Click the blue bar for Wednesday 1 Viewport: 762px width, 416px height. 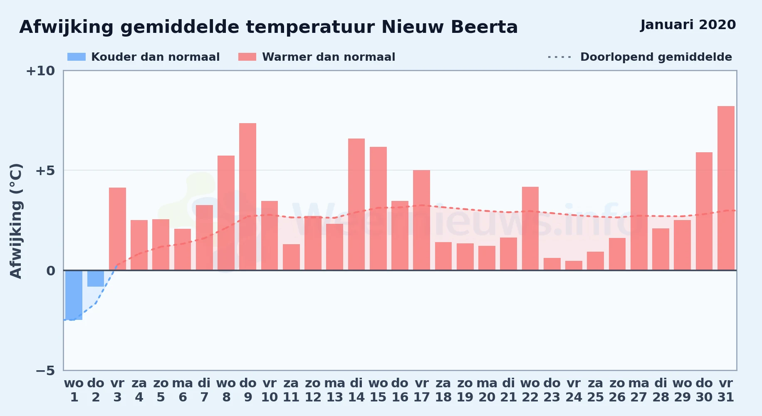pyautogui.click(x=74, y=295)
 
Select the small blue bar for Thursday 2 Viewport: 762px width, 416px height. pyautogui.click(x=96, y=278)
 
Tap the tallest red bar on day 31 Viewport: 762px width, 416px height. pyautogui.click(x=726, y=188)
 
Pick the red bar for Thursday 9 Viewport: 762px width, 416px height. pyautogui.click(x=248, y=197)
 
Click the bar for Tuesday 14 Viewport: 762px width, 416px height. pyautogui.click(x=356, y=204)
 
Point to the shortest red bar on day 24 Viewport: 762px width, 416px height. pyautogui.click(x=574, y=265)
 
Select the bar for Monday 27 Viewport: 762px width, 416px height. pyautogui.click(x=639, y=220)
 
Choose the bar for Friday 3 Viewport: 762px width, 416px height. pyautogui.click(x=117, y=229)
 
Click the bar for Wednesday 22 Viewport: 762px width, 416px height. pyautogui.click(x=530, y=228)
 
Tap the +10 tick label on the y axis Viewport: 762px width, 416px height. pyautogui.click(x=40, y=71)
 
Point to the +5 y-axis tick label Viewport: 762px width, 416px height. pyautogui.click(x=45, y=171)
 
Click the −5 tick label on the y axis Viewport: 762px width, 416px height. pyautogui.click(x=45, y=371)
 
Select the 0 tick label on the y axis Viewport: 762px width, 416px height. pyautogui.click(x=51, y=271)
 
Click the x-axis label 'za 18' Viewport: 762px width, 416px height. pyautogui.click(x=443, y=390)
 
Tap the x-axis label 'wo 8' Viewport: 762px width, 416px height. pyautogui.click(x=226, y=390)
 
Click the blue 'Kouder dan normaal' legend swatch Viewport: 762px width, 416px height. pyautogui.click(x=77, y=57)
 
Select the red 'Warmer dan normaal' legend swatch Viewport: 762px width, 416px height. pyautogui.click(x=247, y=57)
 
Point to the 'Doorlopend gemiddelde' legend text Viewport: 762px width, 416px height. pyautogui.click(x=656, y=57)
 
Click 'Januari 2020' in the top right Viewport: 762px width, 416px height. pyautogui.click(x=688, y=25)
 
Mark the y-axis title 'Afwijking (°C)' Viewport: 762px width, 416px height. pyautogui.click(x=16, y=221)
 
